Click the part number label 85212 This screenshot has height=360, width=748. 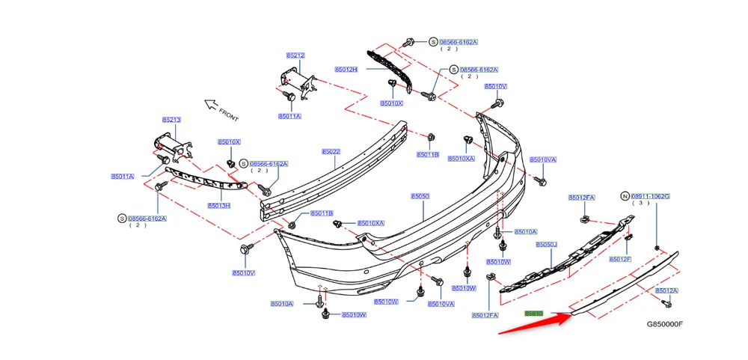295,55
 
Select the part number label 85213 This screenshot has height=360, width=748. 172,120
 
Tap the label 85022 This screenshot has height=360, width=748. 331,151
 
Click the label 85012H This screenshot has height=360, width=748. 346,70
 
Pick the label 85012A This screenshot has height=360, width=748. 666,290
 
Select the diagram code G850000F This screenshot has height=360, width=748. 665,325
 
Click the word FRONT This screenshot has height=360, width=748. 229,115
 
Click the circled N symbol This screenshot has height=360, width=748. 625,196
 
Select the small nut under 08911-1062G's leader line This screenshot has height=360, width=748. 657,247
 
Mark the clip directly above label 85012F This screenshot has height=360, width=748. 628,237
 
